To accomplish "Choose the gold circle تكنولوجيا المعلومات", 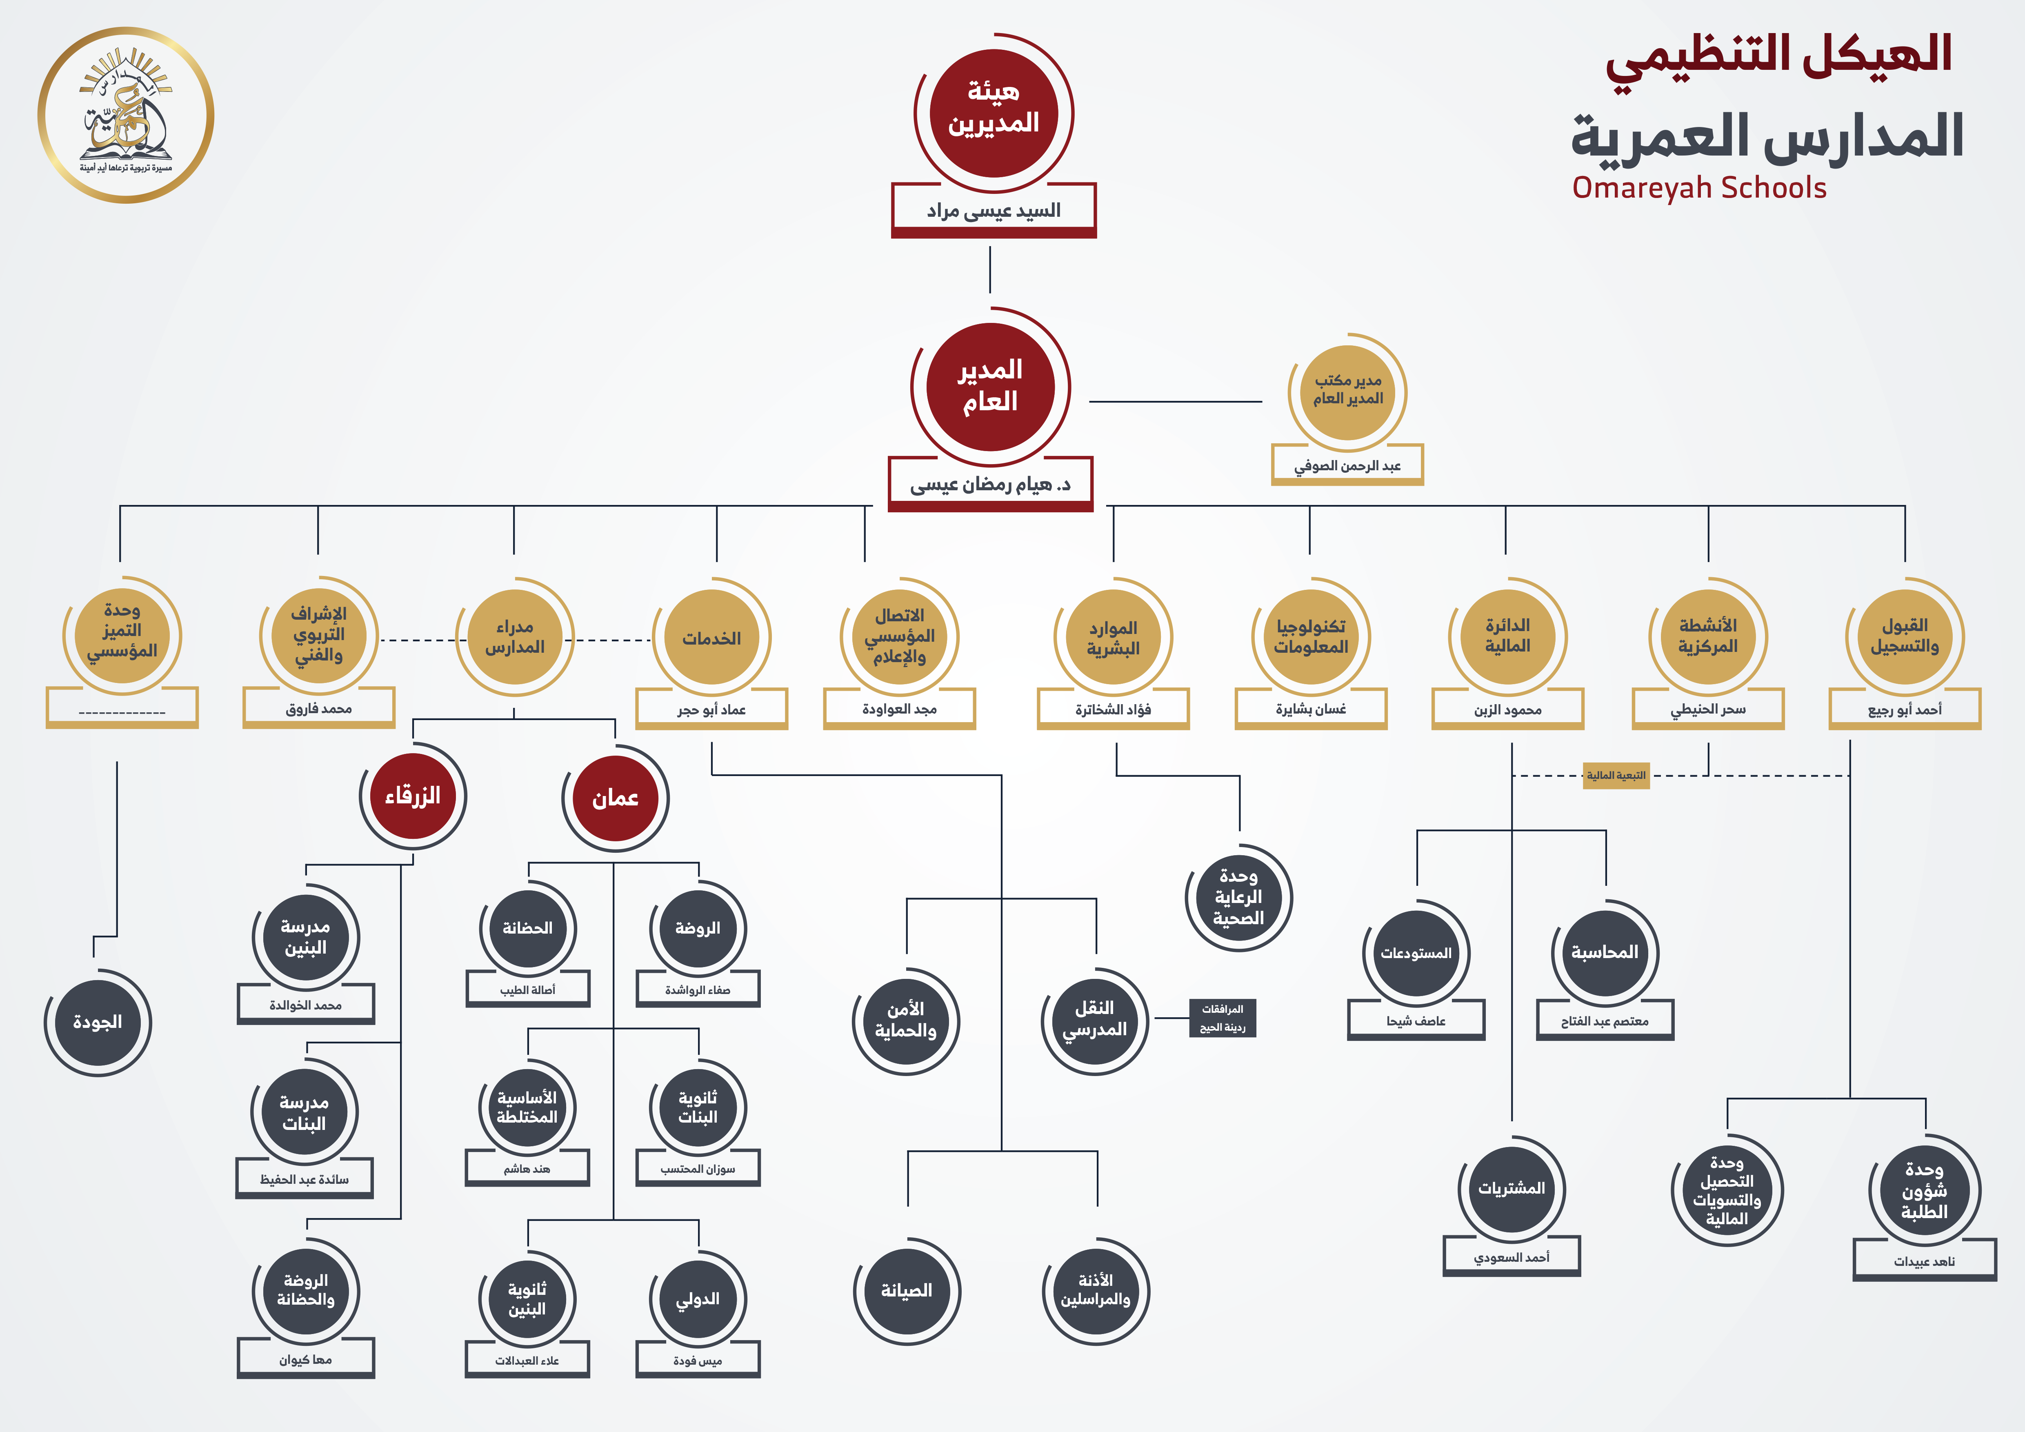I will (x=1311, y=637).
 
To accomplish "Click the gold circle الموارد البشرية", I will (x=1113, y=637).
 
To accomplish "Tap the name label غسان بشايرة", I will (x=1311, y=709).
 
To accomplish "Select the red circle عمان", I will (x=615, y=798).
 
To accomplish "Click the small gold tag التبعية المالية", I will (x=1616, y=776).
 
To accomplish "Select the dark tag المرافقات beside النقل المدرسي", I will (x=1223, y=1018).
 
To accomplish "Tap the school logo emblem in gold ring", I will (x=126, y=115).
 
